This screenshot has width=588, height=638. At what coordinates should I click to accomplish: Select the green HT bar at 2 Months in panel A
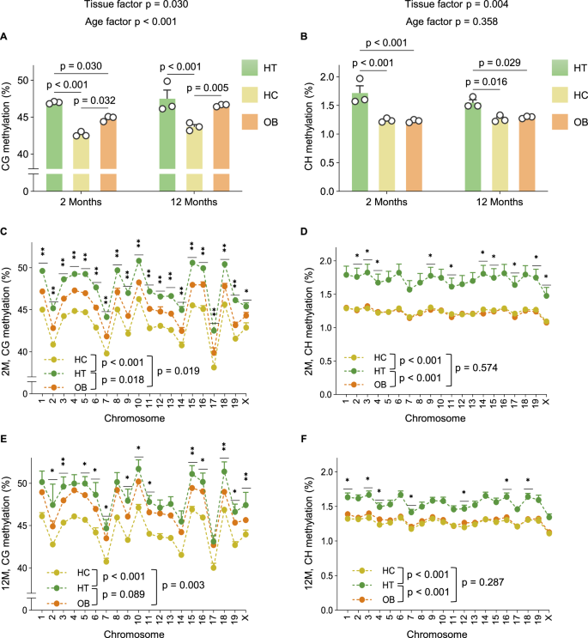[54, 142]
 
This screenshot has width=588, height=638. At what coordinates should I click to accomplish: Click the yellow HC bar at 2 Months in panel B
[387, 155]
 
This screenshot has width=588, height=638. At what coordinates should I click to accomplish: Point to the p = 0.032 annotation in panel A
[100, 100]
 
